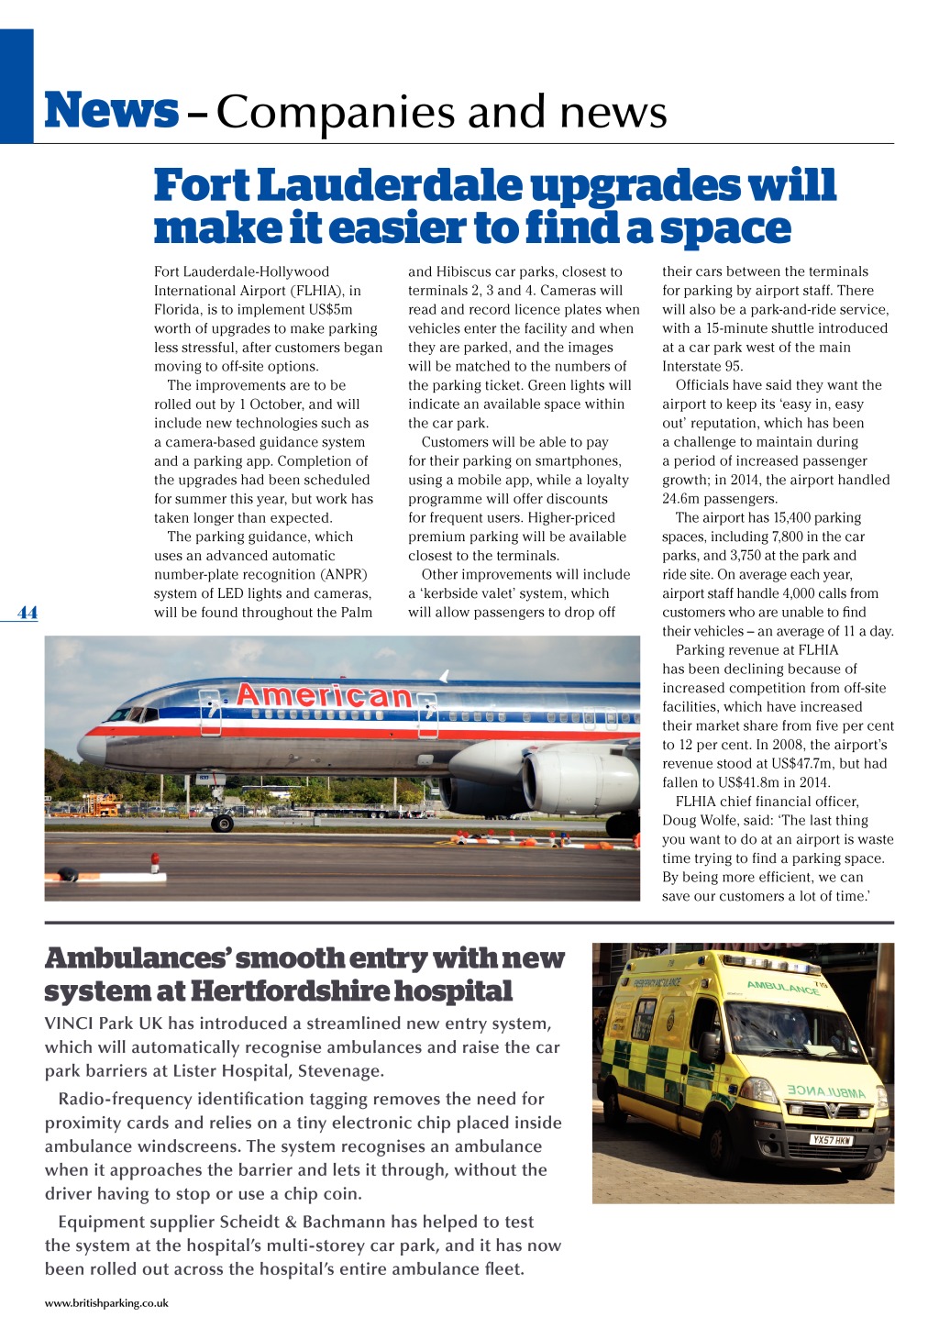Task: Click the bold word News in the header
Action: click(x=111, y=111)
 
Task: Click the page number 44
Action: click(x=28, y=613)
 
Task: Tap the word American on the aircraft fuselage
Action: click(x=324, y=696)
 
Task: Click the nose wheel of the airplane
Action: click(x=222, y=823)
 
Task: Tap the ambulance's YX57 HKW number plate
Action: click(x=831, y=1140)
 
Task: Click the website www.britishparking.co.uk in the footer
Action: click(x=106, y=1302)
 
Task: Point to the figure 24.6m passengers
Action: click(x=719, y=499)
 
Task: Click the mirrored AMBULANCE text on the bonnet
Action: click(x=825, y=1091)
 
